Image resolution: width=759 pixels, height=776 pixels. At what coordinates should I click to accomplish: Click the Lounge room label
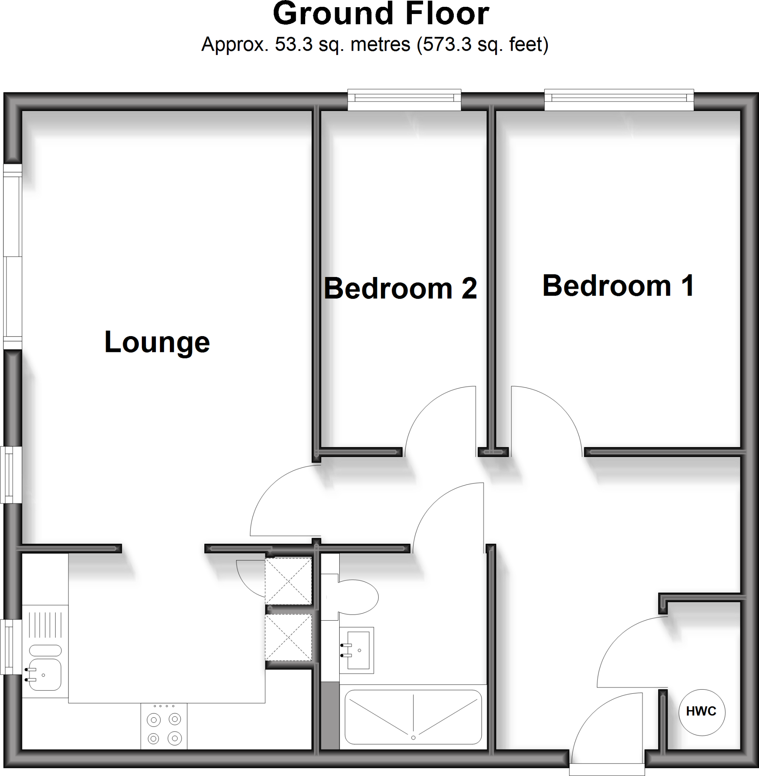point(157,342)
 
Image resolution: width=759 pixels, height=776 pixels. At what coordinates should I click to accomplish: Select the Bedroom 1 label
point(618,286)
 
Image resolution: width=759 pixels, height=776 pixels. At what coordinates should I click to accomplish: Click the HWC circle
point(702,712)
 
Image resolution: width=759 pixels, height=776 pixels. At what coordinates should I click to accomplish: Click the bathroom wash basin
point(358,650)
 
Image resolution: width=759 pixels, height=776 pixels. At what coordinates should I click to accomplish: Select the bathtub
point(413,717)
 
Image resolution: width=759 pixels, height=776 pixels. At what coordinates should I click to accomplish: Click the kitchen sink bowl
point(45,675)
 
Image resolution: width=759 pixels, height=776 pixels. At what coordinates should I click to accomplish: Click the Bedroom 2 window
point(404,99)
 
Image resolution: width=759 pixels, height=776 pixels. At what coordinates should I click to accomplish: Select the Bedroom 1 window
point(619,99)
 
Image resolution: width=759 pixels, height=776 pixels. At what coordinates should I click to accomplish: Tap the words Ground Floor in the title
point(381,14)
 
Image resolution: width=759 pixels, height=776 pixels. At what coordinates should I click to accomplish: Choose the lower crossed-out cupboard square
point(288,638)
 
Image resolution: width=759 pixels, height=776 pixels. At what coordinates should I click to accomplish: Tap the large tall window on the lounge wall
point(13,257)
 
